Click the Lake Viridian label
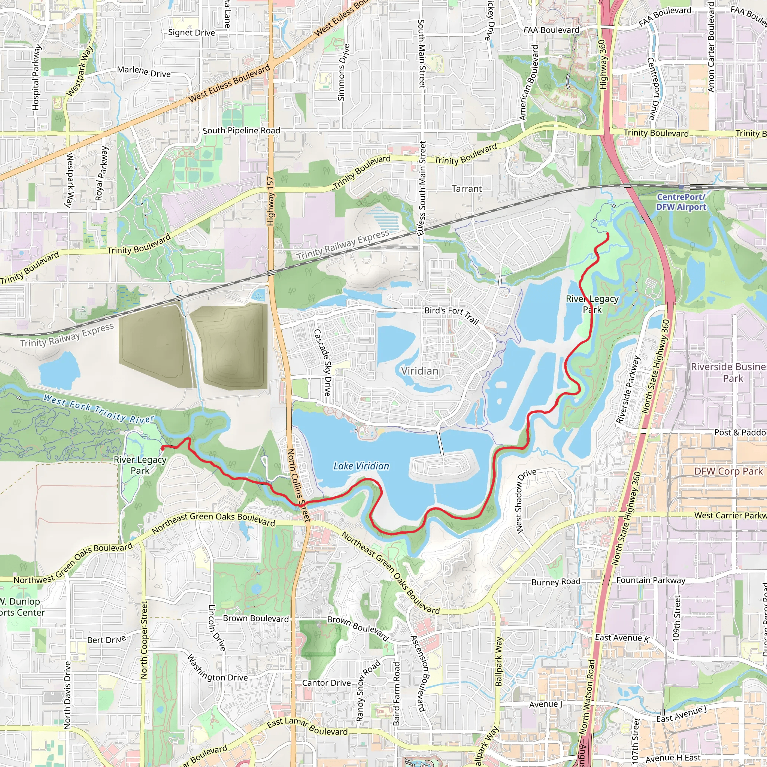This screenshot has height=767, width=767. click(x=361, y=466)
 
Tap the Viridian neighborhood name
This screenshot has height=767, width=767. click(x=419, y=371)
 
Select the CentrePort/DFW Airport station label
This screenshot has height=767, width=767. click(x=681, y=202)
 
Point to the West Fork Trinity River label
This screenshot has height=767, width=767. click(x=98, y=408)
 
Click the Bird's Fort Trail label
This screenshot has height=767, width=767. click(x=452, y=315)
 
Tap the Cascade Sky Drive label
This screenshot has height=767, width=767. click(x=322, y=363)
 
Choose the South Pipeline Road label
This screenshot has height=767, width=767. click(x=242, y=131)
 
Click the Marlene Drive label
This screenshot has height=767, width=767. click(x=144, y=72)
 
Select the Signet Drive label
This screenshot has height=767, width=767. click(x=191, y=33)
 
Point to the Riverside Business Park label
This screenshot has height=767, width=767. click(x=729, y=372)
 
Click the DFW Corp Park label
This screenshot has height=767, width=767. click(x=728, y=471)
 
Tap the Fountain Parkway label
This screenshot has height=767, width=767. click(x=651, y=580)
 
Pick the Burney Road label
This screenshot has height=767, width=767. click(x=556, y=582)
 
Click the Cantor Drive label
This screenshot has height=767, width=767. click(x=326, y=683)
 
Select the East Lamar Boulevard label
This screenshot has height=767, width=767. click(x=307, y=727)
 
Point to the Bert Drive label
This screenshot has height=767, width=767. click(x=106, y=640)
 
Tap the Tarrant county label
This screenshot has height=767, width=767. click(x=467, y=189)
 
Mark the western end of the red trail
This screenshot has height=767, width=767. click(x=163, y=448)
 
